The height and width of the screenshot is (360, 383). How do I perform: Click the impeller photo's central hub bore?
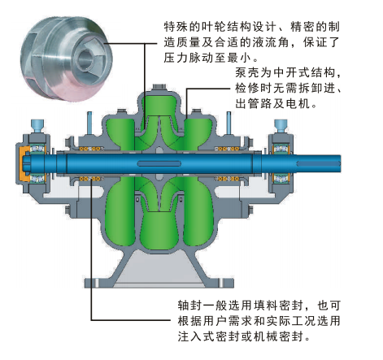point(85,58)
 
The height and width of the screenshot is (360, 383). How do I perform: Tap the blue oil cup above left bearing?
point(37,126)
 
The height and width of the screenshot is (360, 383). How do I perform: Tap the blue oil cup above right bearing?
point(281,126)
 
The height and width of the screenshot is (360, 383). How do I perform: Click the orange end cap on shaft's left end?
point(23,163)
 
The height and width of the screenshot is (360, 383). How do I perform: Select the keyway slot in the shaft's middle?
point(159,163)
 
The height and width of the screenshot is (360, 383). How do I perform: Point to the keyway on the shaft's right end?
point(318,163)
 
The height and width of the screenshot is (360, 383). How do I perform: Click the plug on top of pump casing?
point(159,88)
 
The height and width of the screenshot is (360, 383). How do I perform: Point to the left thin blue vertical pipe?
point(89,123)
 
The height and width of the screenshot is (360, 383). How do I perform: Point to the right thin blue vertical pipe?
point(229,123)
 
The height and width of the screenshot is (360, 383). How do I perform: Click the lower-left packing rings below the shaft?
point(91,179)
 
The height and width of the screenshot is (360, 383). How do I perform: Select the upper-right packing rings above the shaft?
point(227,149)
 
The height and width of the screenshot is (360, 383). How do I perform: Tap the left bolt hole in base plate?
point(97,283)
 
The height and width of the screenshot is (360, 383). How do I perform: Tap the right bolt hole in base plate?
point(222,283)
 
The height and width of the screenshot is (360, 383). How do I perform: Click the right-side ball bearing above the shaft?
point(281,149)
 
